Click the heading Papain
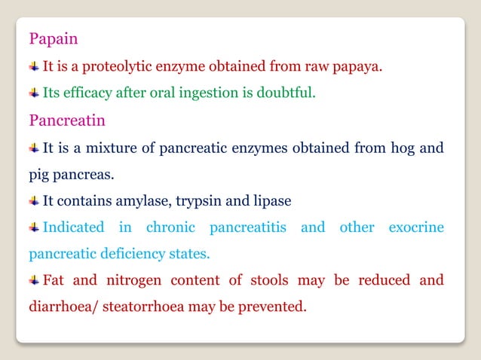[x=54, y=38]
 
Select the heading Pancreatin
[x=66, y=120]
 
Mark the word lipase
[x=269, y=201]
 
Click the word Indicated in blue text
[x=73, y=227]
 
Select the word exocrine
[x=416, y=227]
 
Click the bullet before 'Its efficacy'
[x=35, y=93]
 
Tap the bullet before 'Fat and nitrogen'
[x=35, y=281]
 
